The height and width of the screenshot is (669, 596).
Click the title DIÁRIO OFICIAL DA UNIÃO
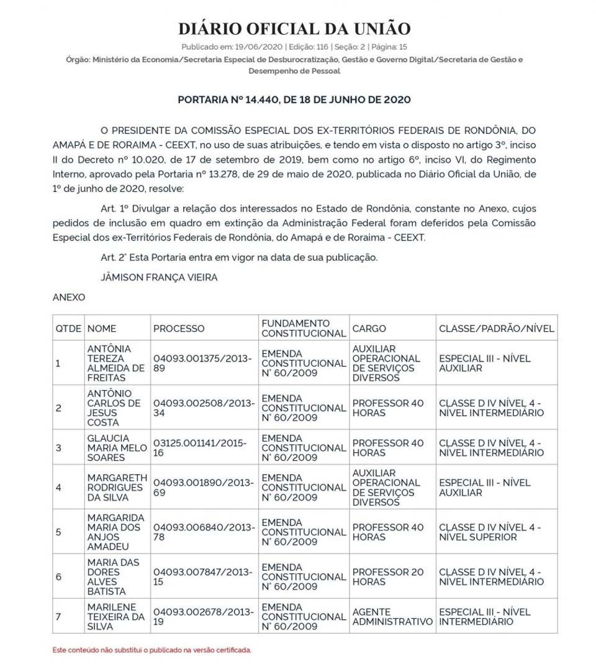(x=294, y=29)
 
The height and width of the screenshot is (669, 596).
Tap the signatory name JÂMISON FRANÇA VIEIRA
(x=159, y=277)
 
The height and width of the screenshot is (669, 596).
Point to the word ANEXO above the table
(x=69, y=298)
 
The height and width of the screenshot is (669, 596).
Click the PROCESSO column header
(x=179, y=329)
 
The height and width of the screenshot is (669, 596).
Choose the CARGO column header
(x=369, y=329)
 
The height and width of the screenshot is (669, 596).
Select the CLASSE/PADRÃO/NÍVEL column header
(x=496, y=329)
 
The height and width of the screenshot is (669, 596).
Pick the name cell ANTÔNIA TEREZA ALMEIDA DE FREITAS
(x=116, y=363)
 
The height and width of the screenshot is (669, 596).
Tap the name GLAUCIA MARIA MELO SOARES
(x=116, y=447)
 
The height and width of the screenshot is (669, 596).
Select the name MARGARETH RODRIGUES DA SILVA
(x=117, y=487)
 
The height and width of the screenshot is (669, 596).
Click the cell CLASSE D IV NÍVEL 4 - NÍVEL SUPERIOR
(x=489, y=532)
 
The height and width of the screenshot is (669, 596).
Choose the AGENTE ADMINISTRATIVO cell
(x=392, y=616)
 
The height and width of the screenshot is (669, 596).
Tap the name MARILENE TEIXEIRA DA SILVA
(x=116, y=616)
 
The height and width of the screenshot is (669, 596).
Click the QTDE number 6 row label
(x=59, y=576)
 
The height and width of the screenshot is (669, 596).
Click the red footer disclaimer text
(x=152, y=650)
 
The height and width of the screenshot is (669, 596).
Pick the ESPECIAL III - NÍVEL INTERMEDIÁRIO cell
(x=484, y=616)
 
